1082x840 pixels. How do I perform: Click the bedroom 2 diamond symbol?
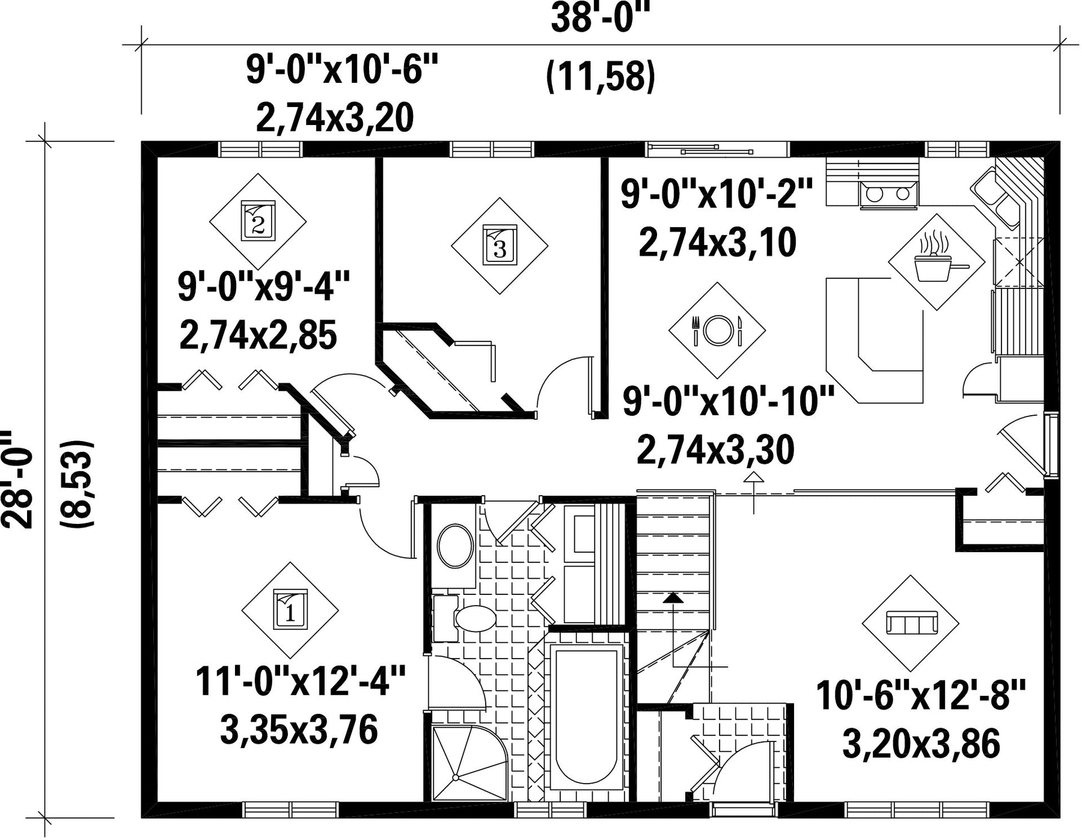pyautogui.click(x=258, y=221)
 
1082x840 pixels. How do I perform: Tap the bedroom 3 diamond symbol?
pyautogui.click(x=500, y=246)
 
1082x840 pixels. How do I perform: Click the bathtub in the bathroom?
pyautogui.click(x=587, y=715)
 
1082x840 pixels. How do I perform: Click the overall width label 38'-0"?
pyautogui.click(x=601, y=19)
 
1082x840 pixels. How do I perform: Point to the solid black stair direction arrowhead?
pyautogui.click(x=673, y=598)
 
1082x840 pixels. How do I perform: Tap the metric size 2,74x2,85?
pyautogui.click(x=258, y=335)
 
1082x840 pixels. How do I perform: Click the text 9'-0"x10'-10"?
pyautogui.click(x=729, y=401)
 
